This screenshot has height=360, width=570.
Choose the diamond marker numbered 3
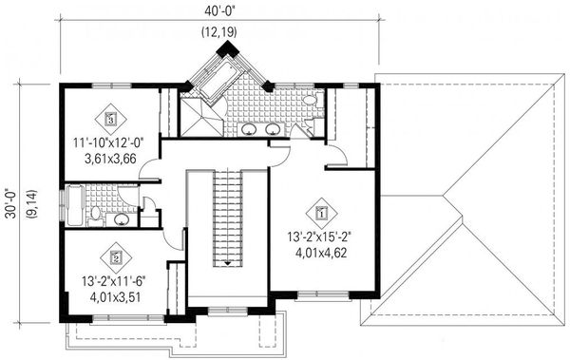coord(112,120)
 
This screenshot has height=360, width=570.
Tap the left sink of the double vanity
coord(249,130)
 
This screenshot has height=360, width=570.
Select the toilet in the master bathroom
coord(311,103)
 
